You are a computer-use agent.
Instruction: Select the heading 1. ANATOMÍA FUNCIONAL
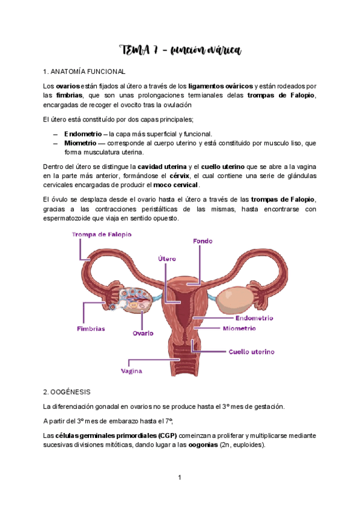tap(85, 72)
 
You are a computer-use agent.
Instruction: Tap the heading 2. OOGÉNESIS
tap(69, 391)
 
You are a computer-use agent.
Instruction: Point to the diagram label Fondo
tap(203, 241)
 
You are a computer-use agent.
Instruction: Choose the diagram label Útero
tap(166, 259)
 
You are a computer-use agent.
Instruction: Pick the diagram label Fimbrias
tap(91, 329)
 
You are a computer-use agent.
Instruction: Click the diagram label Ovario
tap(143, 333)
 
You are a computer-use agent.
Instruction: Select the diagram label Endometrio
tap(254, 318)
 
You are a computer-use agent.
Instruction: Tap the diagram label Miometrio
tap(239, 329)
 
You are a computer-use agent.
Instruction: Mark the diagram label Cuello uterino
tap(251, 351)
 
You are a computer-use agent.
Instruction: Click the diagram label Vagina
tap(132, 371)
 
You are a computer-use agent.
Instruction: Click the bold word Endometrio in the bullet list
tap(82, 134)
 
